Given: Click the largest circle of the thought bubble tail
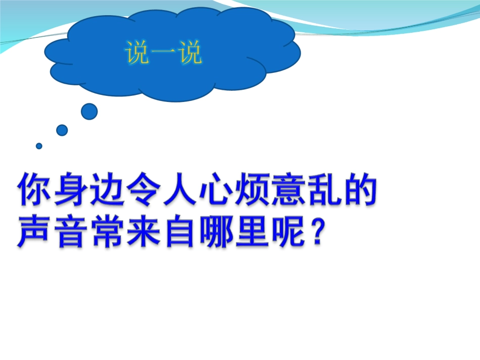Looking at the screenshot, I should click(89, 112).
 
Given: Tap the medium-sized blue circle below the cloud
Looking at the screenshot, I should click(62, 130).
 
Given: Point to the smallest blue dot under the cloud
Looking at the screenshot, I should click(39, 146).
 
